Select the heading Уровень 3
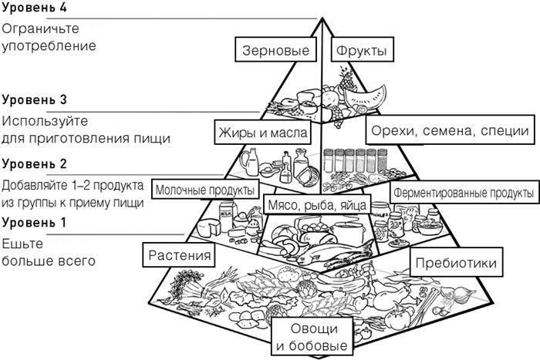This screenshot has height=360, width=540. tap(35, 100)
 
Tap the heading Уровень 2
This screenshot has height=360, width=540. tap(35, 164)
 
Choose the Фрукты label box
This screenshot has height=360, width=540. tap(359, 52)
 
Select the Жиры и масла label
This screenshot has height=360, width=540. tap(262, 133)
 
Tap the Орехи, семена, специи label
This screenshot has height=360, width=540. tap(449, 132)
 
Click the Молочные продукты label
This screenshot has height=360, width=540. tap(205, 190)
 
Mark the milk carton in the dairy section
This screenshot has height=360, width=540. tap(227, 210)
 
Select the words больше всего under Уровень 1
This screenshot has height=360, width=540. tap(49, 261)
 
